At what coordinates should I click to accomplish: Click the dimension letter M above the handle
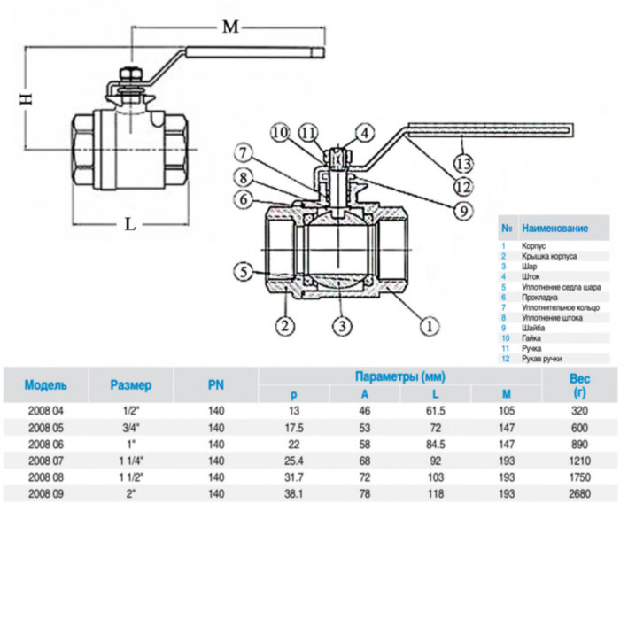(230, 27)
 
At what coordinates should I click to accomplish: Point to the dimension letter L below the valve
(130, 224)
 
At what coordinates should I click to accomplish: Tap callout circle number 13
(462, 162)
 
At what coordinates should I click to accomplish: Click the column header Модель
(45, 385)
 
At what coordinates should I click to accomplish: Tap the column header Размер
(130, 385)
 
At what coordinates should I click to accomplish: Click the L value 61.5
(435, 412)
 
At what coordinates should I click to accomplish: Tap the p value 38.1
(294, 494)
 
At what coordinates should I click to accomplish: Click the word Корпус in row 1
(536, 245)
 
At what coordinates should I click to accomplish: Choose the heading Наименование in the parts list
(554, 229)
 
